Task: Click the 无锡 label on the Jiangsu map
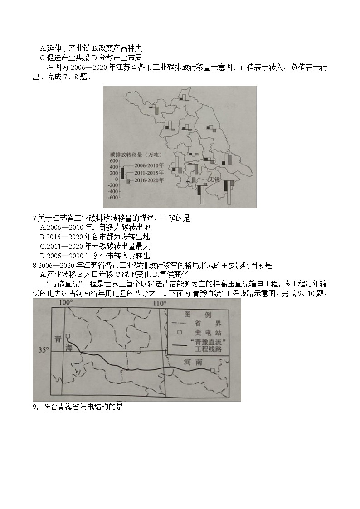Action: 214,179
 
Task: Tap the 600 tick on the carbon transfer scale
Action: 113,161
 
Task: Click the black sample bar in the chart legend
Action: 122,173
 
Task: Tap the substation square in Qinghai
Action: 67,336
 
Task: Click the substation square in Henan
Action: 213,370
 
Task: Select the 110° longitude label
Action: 160,303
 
